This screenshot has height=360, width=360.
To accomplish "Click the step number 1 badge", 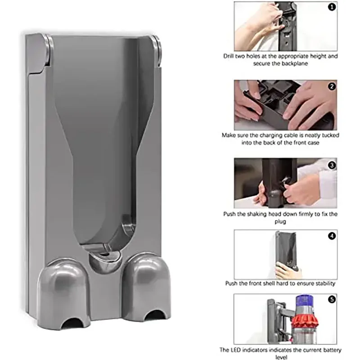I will point(332,7).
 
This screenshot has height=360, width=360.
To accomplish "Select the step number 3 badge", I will point(332,165).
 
